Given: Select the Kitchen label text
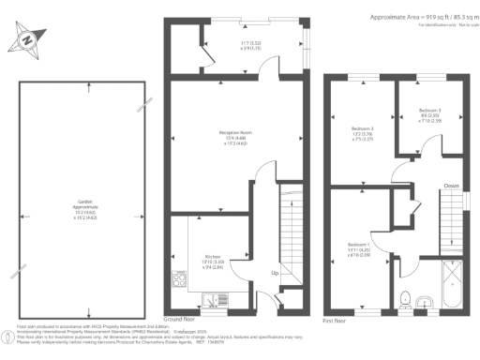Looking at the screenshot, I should click(x=212, y=255).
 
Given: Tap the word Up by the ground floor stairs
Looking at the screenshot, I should click(x=274, y=274).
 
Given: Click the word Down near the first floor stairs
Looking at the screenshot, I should click(x=451, y=185).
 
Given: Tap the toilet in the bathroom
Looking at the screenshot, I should click(x=405, y=298).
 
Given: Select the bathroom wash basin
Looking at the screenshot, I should click(x=424, y=301).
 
